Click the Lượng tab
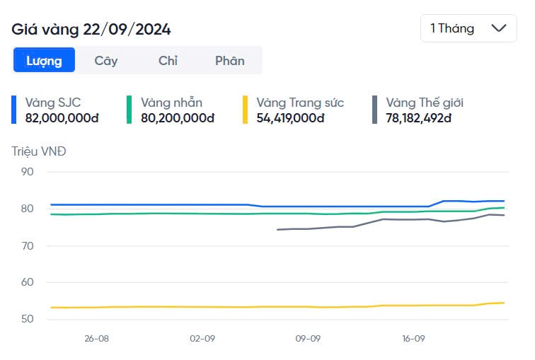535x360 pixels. pos(44,60)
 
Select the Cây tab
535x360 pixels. pos(106,60)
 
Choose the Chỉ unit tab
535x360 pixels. pos(168,60)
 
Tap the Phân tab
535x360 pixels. pos(230,60)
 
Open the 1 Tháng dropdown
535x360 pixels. pos(468,28)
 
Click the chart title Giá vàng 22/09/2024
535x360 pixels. pos(91,29)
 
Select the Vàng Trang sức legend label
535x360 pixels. pos(300,103)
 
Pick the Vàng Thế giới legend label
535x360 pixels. pos(425,103)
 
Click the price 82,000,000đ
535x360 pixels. pos(62,118)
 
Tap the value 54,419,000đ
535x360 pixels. pos(290,118)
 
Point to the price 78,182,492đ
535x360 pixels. pos(418,118)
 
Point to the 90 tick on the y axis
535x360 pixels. pos(28,172)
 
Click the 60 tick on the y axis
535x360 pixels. pos(28,283)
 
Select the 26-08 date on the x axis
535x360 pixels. pos(96,339)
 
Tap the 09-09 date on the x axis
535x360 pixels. pos(308,339)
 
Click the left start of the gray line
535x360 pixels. pos(277,230)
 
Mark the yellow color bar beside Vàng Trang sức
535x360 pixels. pos(246,110)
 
